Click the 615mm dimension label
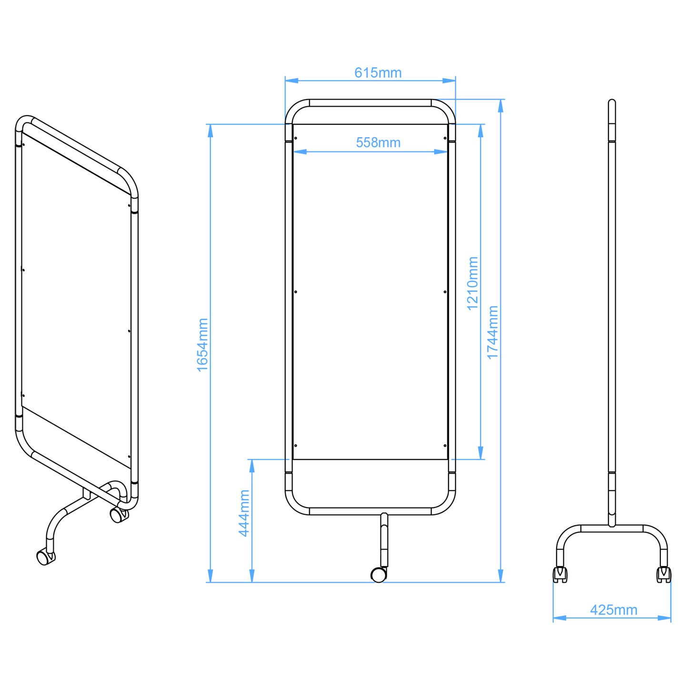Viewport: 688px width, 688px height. pyautogui.click(x=378, y=73)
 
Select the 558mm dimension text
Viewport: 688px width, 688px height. pyautogui.click(x=378, y=142)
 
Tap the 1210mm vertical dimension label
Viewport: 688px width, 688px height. pyautogui.click(x=472, y=283)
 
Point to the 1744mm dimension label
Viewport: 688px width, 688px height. pyautogui.click(x=492, y=332)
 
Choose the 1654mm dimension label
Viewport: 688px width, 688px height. pyautogui.click(x=203, y=345)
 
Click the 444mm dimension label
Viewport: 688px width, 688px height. pyautogui.click(x=244, y=513)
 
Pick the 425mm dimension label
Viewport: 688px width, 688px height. pyautogui.click(x=613, y=610)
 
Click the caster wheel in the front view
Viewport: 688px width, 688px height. pyautogui.click(x=379, y=575)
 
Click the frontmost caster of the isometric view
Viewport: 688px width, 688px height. pyautogui.click(x=45, y=557)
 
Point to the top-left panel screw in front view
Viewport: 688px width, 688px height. pyautogui.click(x=296, y=139)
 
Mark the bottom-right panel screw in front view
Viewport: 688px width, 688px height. pyautogui.click(x=445, y=446)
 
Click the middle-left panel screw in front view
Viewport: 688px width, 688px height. pyautogui.click(x=296, y=292)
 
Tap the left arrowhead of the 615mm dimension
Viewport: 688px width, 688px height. pyautogui.click(x=291, y=80)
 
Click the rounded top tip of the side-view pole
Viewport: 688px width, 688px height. pyautogui.click(x=612, y=102)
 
